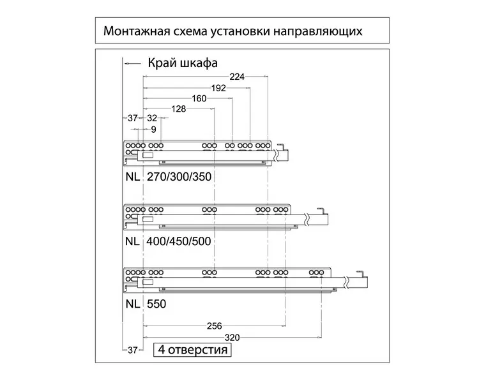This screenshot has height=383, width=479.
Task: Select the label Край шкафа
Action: pyautogui.click(x=183, y=63)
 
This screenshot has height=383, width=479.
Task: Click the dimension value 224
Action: pyautogui.click(x=237, y=76)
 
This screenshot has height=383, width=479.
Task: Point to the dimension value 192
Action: pyautogui.click(x=218, y=87)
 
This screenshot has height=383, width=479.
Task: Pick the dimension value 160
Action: pyautogui.click(x=199, y=98)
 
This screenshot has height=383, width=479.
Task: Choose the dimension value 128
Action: pyautogui.click(x=179, y=109)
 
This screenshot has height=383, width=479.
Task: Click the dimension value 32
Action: pyautogui.click(x=152, y=118)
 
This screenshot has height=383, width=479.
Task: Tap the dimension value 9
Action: pyautogui.click(x=153, y=129)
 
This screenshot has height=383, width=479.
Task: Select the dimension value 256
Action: pyautogui.click(x=215, y=326)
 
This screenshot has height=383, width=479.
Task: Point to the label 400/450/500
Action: pyautogui.click(x=179, y=242)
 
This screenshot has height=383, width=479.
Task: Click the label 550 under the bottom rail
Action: pyautogui.click(x=156, y=304)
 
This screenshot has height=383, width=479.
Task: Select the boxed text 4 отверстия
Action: pyautogui.click(x=192, y=350)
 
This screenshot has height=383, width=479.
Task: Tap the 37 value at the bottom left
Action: pyautogui.click(x=132, y=350)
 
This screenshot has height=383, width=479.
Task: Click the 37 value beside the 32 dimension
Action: pyautogui.click(x=132, y=118)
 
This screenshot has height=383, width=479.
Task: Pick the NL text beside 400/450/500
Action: pyautogui.click(x=132, y=242)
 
